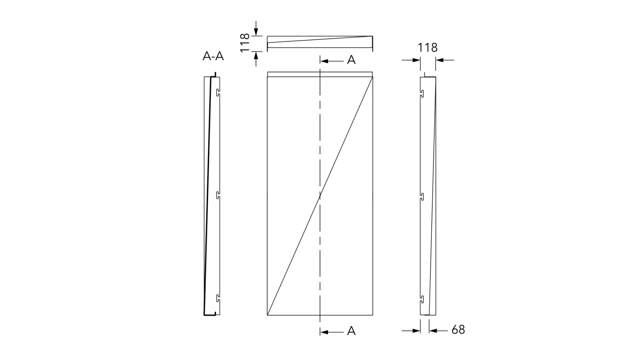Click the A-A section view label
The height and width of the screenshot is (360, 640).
[213, 56]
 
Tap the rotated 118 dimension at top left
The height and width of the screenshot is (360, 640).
[245, 42]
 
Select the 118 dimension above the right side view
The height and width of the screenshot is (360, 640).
[428, 48]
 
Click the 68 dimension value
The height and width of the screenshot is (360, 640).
[458, 330]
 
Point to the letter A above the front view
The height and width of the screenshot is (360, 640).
[351, 60]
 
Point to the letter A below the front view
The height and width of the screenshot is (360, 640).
[351, 331]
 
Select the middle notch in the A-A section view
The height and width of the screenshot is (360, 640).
[218, 195]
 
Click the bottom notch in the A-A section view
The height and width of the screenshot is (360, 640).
[218, 298]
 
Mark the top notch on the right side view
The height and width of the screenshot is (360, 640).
[422, 94]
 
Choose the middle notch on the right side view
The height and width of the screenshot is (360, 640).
[422, 196]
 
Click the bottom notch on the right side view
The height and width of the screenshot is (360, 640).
[422, 299]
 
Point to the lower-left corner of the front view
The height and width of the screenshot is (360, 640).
[267, 315]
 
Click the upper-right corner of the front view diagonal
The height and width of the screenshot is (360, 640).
[372, 77]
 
